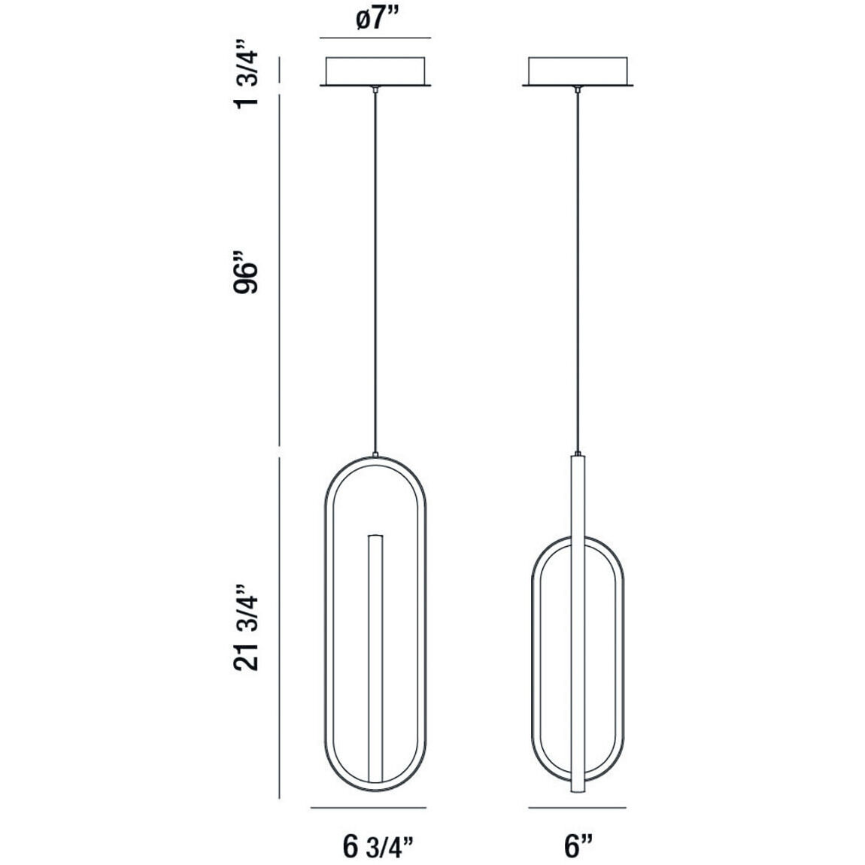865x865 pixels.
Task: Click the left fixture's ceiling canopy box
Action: [x=375, y=71]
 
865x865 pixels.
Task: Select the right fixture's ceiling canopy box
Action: [x=578, y=71]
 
